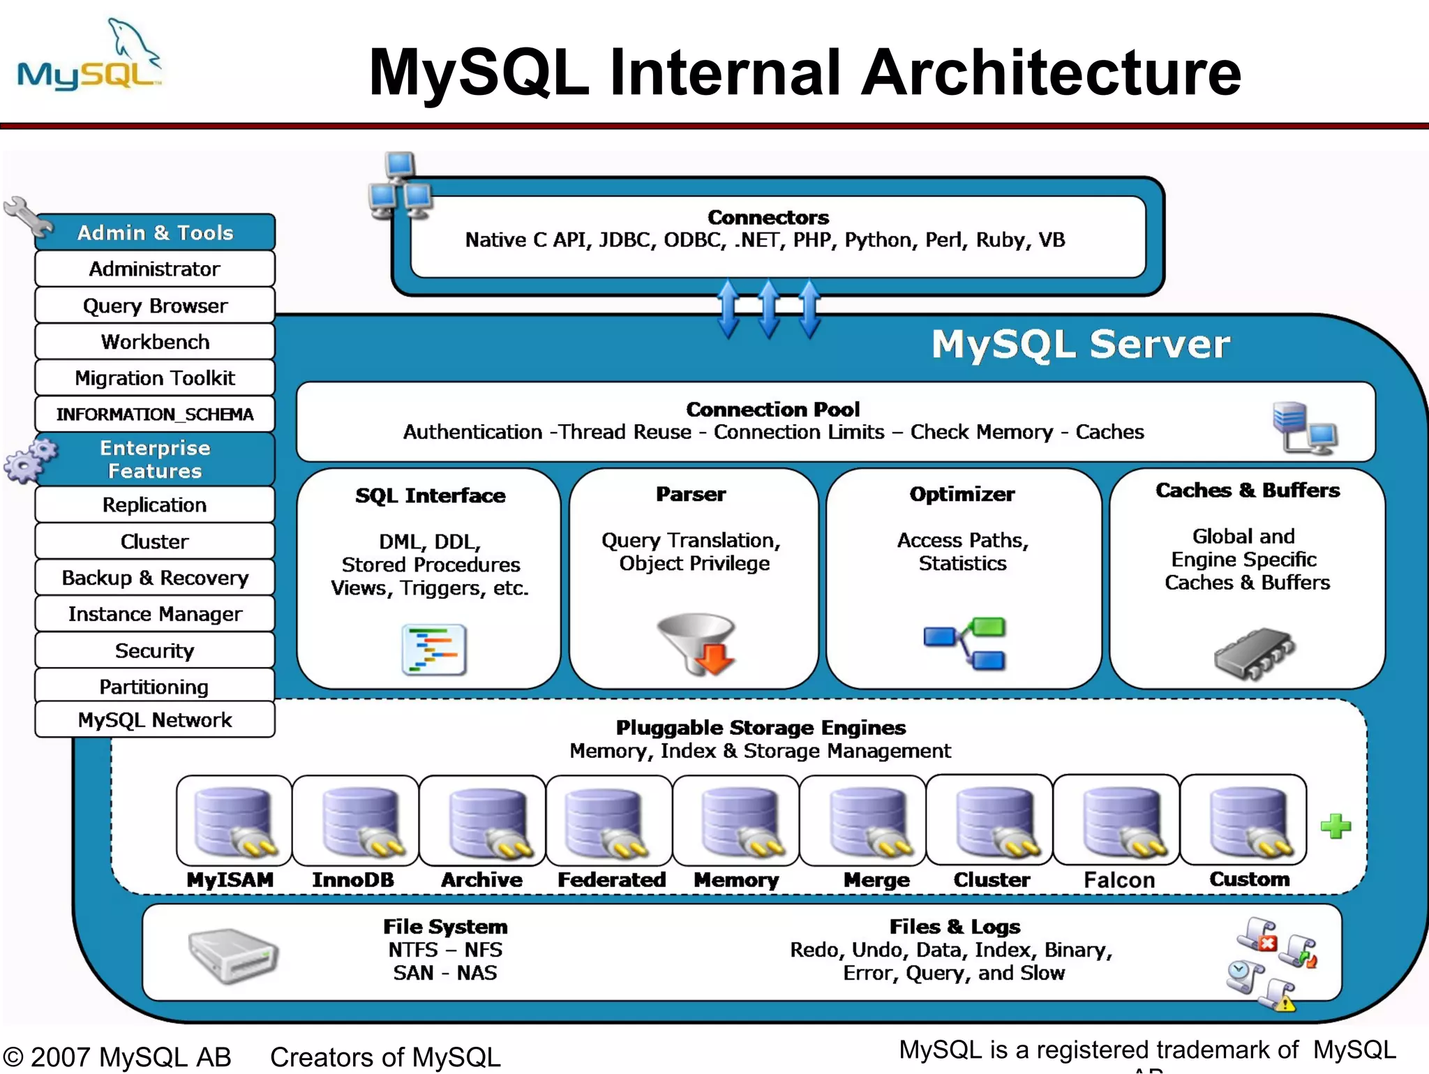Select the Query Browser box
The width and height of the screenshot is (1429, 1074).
[155, 306]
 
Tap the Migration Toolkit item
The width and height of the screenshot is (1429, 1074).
[155, 378]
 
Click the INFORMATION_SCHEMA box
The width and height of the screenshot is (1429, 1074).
[155, 415]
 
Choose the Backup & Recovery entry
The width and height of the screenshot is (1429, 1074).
[155, 578]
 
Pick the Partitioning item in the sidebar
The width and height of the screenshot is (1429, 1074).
[155, 687]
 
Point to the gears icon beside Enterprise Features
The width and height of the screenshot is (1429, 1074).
[29, 460]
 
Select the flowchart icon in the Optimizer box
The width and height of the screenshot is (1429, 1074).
[966, 643]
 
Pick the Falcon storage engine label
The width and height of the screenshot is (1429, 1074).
[1119, 880]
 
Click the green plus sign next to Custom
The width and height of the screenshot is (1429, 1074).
[1336, 826]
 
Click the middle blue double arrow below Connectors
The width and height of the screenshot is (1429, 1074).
[769, 308]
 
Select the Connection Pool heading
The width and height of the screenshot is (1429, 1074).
[772, 409]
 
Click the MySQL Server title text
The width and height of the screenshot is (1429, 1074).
[1080, 345]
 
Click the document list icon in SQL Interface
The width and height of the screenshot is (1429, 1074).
[434, 649]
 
